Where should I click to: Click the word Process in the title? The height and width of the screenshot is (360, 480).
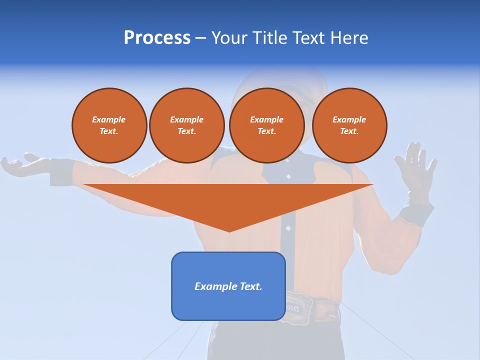point(157,38)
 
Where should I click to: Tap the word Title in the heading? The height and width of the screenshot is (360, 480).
point(269,38)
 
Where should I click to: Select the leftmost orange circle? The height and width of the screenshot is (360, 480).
point(109,125)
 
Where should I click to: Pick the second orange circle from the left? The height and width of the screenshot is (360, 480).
point(187,125)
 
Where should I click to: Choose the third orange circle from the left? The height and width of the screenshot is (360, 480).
point(267,125)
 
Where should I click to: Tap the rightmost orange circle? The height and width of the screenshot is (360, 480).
point(349,125)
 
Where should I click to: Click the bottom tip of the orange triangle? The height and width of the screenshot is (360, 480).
point(229,230)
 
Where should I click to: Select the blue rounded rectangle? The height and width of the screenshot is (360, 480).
point(228,286)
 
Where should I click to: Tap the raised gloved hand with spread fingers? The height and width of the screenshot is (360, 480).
point(415,167)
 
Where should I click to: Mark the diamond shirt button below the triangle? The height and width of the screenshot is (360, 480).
point(288,228)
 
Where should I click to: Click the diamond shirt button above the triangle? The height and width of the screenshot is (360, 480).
point(288,176)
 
